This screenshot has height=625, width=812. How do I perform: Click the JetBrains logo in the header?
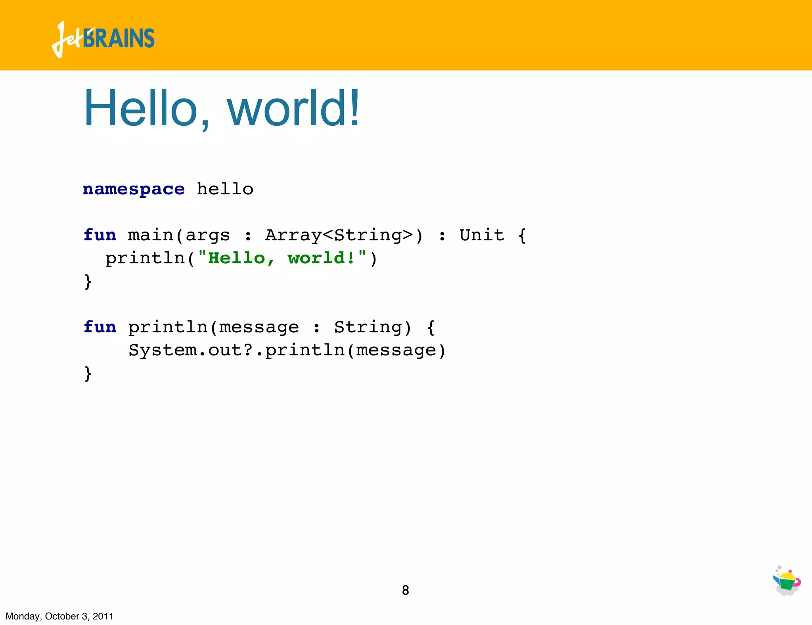(x=103, y=39)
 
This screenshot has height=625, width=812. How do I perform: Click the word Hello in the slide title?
(x=141, y=108)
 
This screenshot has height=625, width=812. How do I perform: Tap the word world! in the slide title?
(x=293, y=108)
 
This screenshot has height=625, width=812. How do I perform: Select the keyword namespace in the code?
(x=134, y=190)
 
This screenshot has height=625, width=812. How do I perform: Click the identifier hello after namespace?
(x=225, y=189)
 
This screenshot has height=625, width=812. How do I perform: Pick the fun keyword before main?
(x=100, y=235)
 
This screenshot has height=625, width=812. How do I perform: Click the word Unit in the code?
(x=482, y=235)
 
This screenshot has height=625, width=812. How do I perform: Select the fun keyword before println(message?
(x=100, y=327)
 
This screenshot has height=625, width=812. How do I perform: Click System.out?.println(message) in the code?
(x=287, y=350)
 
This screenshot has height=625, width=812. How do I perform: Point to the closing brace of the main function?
(x=88, y=282)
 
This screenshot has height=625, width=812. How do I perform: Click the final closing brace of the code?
(x=88, y=374)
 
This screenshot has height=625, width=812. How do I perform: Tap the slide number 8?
(x=405, y=590)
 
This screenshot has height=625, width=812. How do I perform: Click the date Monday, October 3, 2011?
(x=59, y=616)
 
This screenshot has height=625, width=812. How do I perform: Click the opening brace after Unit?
(x=522, y=236)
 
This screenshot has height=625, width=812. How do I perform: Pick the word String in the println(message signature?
(x=367, y=327)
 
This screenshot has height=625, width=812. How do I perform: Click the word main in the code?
(x=151, y=235)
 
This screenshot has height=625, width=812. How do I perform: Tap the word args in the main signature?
(x=207, y=236)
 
